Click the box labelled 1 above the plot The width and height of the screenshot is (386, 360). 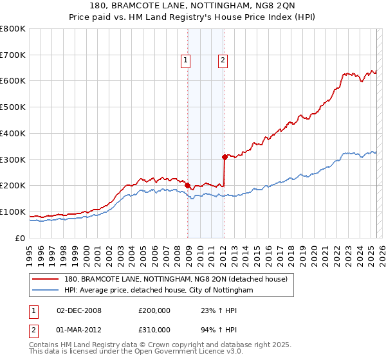(x=185, y=61)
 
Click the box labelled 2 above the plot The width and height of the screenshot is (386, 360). (x=223, y=61)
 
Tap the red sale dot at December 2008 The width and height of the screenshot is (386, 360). (x=187, y=185)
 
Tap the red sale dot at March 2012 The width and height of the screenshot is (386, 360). (x=225, y=156)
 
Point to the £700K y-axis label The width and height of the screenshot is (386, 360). (x=13, y=55)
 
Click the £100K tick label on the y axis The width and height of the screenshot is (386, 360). (x=13, y=212)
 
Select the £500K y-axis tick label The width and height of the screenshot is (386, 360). (x=13, y=107)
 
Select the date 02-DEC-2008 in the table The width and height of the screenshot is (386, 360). (x=79, y=310)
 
